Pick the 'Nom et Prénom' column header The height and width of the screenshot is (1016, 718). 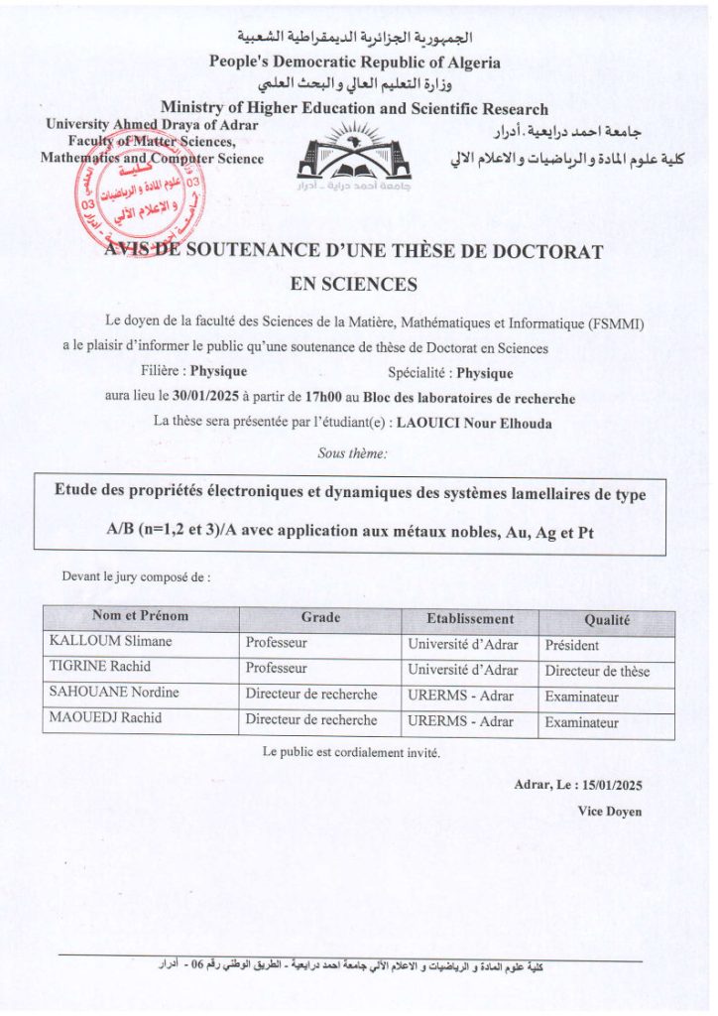point(140,616)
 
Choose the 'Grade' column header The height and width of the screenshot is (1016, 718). point(320,617)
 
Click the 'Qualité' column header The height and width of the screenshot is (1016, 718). point(607,620)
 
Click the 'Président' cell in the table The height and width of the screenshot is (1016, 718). point(572,645)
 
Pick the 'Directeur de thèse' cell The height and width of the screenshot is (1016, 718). point(597,671)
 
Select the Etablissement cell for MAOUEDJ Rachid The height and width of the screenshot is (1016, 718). point(460,721)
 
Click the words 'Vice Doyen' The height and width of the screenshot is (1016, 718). point(610,812)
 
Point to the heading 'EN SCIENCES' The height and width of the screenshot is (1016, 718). point(354,285)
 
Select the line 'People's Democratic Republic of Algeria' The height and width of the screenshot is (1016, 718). point(354,62)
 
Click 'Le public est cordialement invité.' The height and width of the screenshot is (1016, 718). point(352,752)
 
